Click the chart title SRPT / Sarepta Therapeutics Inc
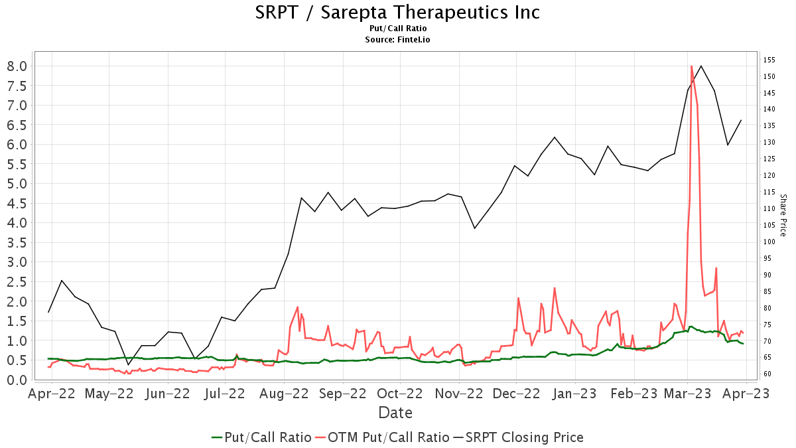point(397,12)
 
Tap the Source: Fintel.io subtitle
point(397,40)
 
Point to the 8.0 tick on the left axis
point(17,66)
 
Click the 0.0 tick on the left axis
point(17,380)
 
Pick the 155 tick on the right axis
point(769,60)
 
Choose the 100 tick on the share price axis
point(769,242)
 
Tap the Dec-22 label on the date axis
point(516,394)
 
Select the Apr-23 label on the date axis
point(746,394)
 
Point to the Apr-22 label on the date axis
point(52,394)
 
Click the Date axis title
point(395,413)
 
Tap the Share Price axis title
point(783,215)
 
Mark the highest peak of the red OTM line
point(692,66)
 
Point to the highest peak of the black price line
point(701,66)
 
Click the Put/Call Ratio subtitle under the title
point(397,29)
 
